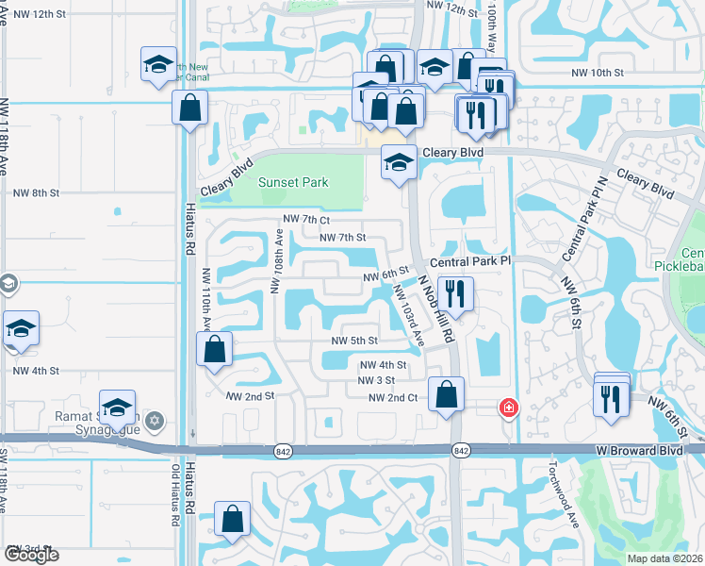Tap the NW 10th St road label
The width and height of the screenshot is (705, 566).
(x=598, y=73)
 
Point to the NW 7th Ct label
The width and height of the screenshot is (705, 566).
(x=306, y=220)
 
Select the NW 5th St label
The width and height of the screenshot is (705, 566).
(x=353, y=341)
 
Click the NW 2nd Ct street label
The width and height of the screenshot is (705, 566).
(x=392, y=398)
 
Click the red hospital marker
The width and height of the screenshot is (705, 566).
(x=508, y=408)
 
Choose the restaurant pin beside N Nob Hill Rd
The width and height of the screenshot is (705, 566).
(x=455, y=293)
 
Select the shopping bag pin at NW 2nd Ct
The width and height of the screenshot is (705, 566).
(x=447, y=393)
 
